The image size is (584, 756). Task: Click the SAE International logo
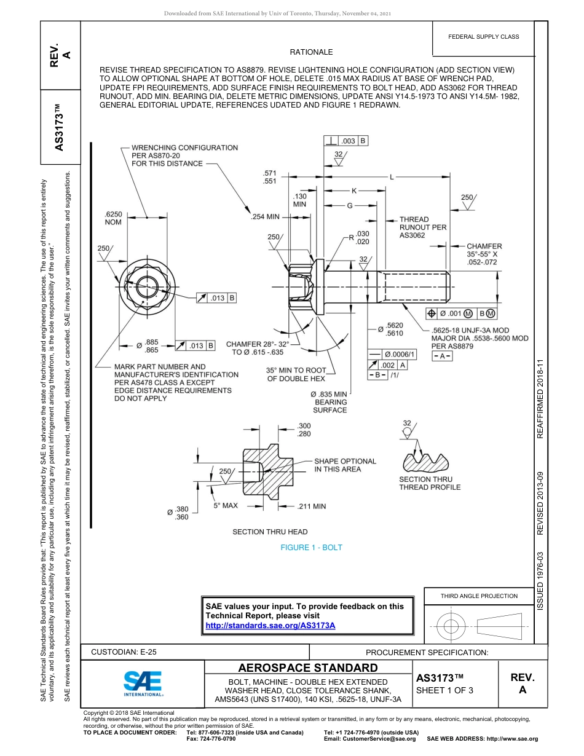(x=143, y=683)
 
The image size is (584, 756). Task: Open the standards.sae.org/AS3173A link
(x=270, y=625)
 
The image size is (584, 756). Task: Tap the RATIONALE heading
(x=311, y=52)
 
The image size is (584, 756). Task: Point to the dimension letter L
(x=391, y=177)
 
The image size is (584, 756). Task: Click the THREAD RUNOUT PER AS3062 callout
(x=422, y=227)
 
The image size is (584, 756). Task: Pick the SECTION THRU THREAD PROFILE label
(x=429, y=483)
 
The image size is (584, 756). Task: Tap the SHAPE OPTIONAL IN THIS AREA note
(x=344, y=465)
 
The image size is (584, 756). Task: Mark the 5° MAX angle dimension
(x=226, y=505)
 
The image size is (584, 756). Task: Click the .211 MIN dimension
(x=311, y=506)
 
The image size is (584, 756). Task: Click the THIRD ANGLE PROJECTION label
(x=479, y=596)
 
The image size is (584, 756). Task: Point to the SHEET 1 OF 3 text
(x=444, y=690)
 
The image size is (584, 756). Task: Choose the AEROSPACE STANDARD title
(x=308, y=668)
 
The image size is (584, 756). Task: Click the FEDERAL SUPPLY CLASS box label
(x=483, y=36)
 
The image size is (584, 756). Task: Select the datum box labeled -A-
(x=443, y=356)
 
